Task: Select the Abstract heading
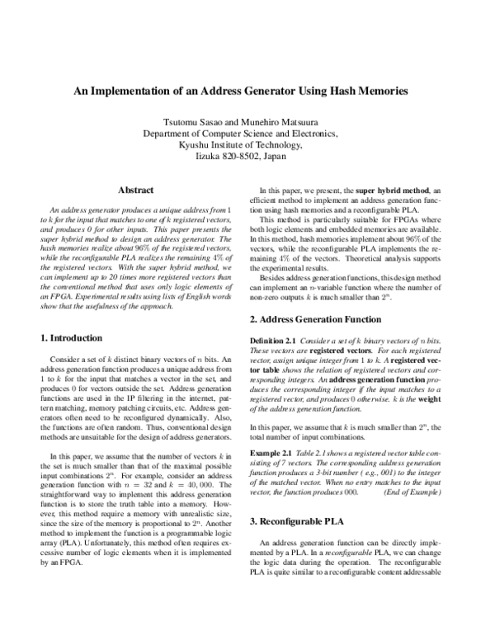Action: coord(137,190)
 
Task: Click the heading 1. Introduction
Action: coord(72,338)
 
